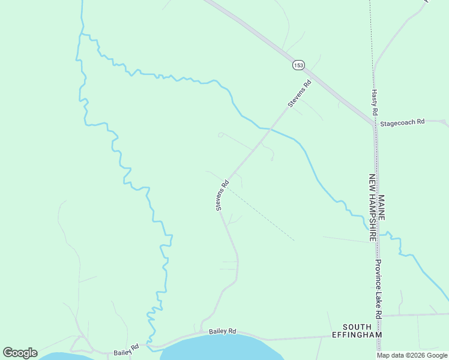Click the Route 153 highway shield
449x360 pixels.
point(299,65)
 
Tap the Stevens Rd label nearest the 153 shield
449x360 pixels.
point(300,94)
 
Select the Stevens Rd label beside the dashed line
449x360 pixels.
point(223,196)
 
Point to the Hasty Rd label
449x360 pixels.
point(375,103)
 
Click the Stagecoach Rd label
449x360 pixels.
point(403,121)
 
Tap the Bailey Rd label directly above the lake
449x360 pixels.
point(223,331)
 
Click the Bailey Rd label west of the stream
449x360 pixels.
point(127,349)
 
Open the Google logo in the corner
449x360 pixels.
point(20,353)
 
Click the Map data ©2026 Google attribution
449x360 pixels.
point(412,355)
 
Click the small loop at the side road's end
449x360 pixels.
point(220,134)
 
